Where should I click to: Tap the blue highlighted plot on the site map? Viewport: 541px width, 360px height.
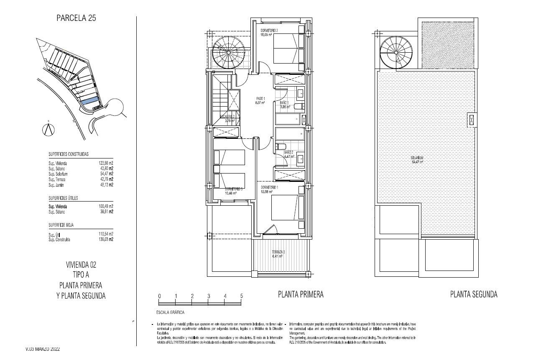89,101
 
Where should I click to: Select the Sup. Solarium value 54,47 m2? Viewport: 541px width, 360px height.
106,174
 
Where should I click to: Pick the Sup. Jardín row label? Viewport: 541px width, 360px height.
57,185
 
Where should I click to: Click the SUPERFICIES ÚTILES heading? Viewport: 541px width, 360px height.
63,198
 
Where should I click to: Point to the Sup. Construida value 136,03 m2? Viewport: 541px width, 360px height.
106,240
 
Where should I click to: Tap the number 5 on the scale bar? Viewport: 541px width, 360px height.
241,296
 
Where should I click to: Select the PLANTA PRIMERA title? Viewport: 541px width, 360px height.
301,294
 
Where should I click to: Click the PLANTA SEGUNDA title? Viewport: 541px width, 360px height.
474,294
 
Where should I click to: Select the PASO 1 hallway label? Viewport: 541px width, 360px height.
260,100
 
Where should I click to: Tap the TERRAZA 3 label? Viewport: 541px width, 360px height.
278,252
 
